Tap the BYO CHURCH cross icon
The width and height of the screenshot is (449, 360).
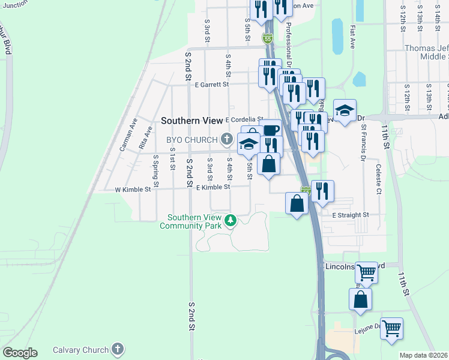point(227,140)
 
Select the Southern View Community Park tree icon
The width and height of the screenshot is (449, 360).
point(229,221)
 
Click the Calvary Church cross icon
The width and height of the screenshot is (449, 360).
point(118,349)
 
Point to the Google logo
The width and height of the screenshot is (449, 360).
point(20,353)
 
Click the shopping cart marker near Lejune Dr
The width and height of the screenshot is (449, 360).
point(392,329)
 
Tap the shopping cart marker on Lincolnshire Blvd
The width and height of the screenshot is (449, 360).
point(366,273)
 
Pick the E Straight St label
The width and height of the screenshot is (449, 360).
point(350,214)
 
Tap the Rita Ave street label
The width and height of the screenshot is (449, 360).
point(143,141)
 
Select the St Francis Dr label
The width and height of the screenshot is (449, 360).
point(363,143)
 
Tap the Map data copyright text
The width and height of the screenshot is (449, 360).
point(423,355)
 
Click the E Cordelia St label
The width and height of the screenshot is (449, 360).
point(244,119)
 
